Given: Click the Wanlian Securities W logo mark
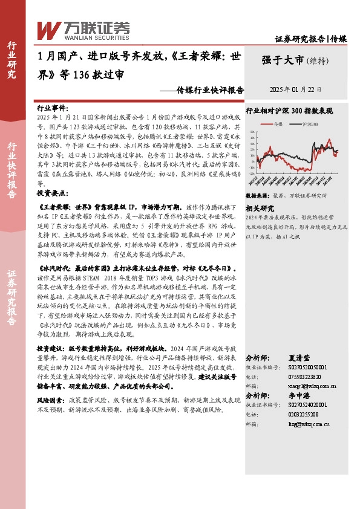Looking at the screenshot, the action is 48,30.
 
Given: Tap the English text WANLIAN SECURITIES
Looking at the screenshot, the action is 82,36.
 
